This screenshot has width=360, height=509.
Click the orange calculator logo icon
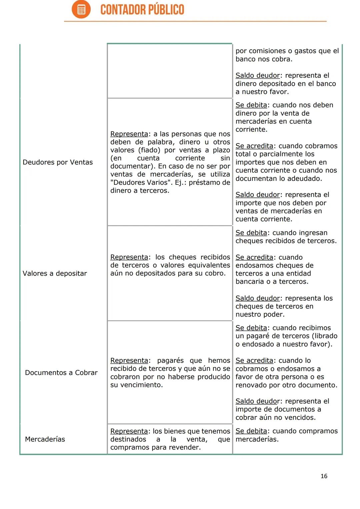pos(81,9)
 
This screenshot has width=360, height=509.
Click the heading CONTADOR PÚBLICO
pos(142,10)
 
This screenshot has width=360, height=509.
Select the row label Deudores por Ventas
pos(58,162)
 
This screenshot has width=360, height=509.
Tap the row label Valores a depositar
pos(55,274)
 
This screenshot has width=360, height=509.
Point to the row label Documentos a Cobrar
pos(61,373)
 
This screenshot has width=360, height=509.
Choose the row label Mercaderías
pos(45,439)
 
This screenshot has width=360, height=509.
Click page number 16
pos(324,476)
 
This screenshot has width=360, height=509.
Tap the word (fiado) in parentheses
pos(149,150)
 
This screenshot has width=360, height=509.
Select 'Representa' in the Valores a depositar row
pos(129,257)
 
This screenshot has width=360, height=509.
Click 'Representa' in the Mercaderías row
pos(129,431)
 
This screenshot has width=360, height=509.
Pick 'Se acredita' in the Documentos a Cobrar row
pos(254,361)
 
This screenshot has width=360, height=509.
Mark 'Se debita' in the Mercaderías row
pos(251,431)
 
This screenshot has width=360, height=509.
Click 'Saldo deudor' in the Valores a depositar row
pos(258,298)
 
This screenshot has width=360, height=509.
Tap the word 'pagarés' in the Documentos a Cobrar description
pos(170,361)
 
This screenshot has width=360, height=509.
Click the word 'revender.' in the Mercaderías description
pos(185,447)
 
